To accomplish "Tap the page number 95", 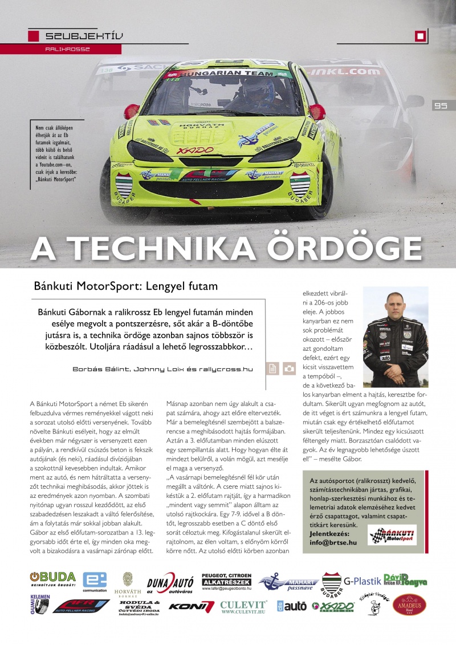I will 440,106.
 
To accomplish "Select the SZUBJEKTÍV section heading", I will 84,37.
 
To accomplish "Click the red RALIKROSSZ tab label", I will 68,49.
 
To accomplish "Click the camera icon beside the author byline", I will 290,369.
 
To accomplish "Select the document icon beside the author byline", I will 273,369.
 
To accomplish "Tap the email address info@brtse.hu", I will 333,542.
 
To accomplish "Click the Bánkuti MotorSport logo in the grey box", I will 393,535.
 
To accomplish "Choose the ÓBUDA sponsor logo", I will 52,579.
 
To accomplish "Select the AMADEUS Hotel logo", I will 410,605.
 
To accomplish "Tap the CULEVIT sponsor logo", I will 243,606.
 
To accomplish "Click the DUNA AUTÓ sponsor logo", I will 170,583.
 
